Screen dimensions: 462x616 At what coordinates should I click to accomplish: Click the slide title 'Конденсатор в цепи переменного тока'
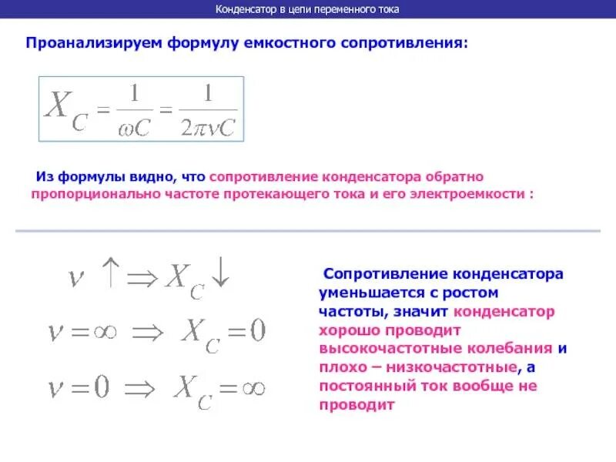tap(307, 9)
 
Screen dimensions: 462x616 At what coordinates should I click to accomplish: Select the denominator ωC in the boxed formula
tap(134, 127)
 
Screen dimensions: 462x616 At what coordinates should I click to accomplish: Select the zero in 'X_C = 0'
tap(256, 333)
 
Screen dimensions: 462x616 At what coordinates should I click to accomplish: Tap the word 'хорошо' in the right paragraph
tap(345, 330)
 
